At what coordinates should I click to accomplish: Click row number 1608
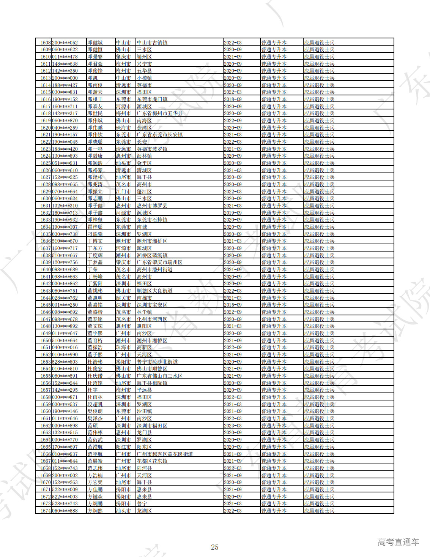[46, 43]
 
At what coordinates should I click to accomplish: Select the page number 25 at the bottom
[215, 547]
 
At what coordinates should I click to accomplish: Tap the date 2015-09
[233, 305]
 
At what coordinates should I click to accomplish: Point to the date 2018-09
[233, 99]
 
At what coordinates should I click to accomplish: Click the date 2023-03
[233, 426]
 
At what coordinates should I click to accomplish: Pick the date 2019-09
[233, 213]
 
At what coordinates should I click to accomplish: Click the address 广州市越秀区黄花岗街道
[165, 454]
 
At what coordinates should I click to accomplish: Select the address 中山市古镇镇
[152, 43]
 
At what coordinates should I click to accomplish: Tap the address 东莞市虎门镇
[152, 99]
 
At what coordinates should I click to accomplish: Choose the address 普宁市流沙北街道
[157, 362]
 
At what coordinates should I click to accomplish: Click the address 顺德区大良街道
[154, 291]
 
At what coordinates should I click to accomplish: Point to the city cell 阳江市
[123, 447]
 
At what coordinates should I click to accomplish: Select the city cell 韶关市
[123, 298]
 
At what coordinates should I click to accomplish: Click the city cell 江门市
[123, 191]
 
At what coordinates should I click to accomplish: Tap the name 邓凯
[92, 78]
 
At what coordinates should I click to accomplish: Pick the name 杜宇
[92, 390]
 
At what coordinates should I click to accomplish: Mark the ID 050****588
[65, 511]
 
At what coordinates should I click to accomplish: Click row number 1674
[46, 511]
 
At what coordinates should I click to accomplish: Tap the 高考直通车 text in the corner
[398, 542]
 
